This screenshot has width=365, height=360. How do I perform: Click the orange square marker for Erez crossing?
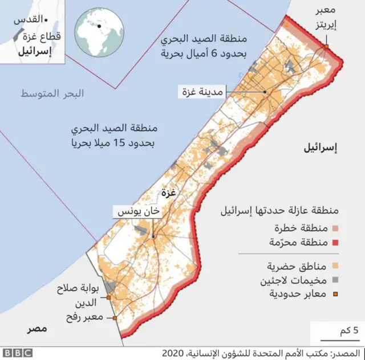pyautogui.click(x=327, y=47)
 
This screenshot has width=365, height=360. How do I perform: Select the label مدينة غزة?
pyautogui.click(x=202, y=91)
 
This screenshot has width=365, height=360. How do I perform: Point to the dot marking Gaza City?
pyautogui.click(x=265, y=92)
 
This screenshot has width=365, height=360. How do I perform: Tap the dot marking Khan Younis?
pyautogui.click(x=153, y=236)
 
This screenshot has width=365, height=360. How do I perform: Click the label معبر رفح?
pyautogui.click(x=85, y=317)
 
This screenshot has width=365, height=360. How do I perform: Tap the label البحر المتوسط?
pyautogui.click(x=52, y=93)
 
